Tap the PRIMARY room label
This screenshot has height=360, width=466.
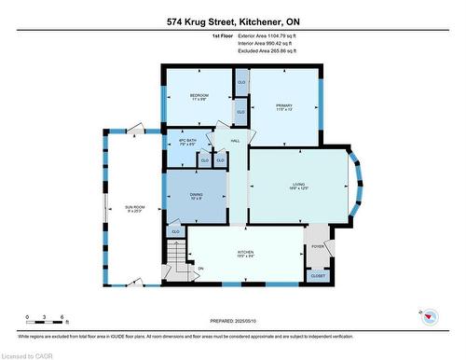tap(284, 107)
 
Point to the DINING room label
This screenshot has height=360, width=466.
tap(197, 196)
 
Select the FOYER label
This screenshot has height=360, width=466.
tap(317, 246)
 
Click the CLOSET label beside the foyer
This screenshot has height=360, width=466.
tap(318, 276)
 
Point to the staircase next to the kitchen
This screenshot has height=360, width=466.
tap(176, 255)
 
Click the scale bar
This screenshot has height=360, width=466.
tap(45, 324)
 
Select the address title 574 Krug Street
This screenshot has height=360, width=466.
tap(232, 21)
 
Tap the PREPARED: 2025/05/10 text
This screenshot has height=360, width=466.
tap(233, 321)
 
